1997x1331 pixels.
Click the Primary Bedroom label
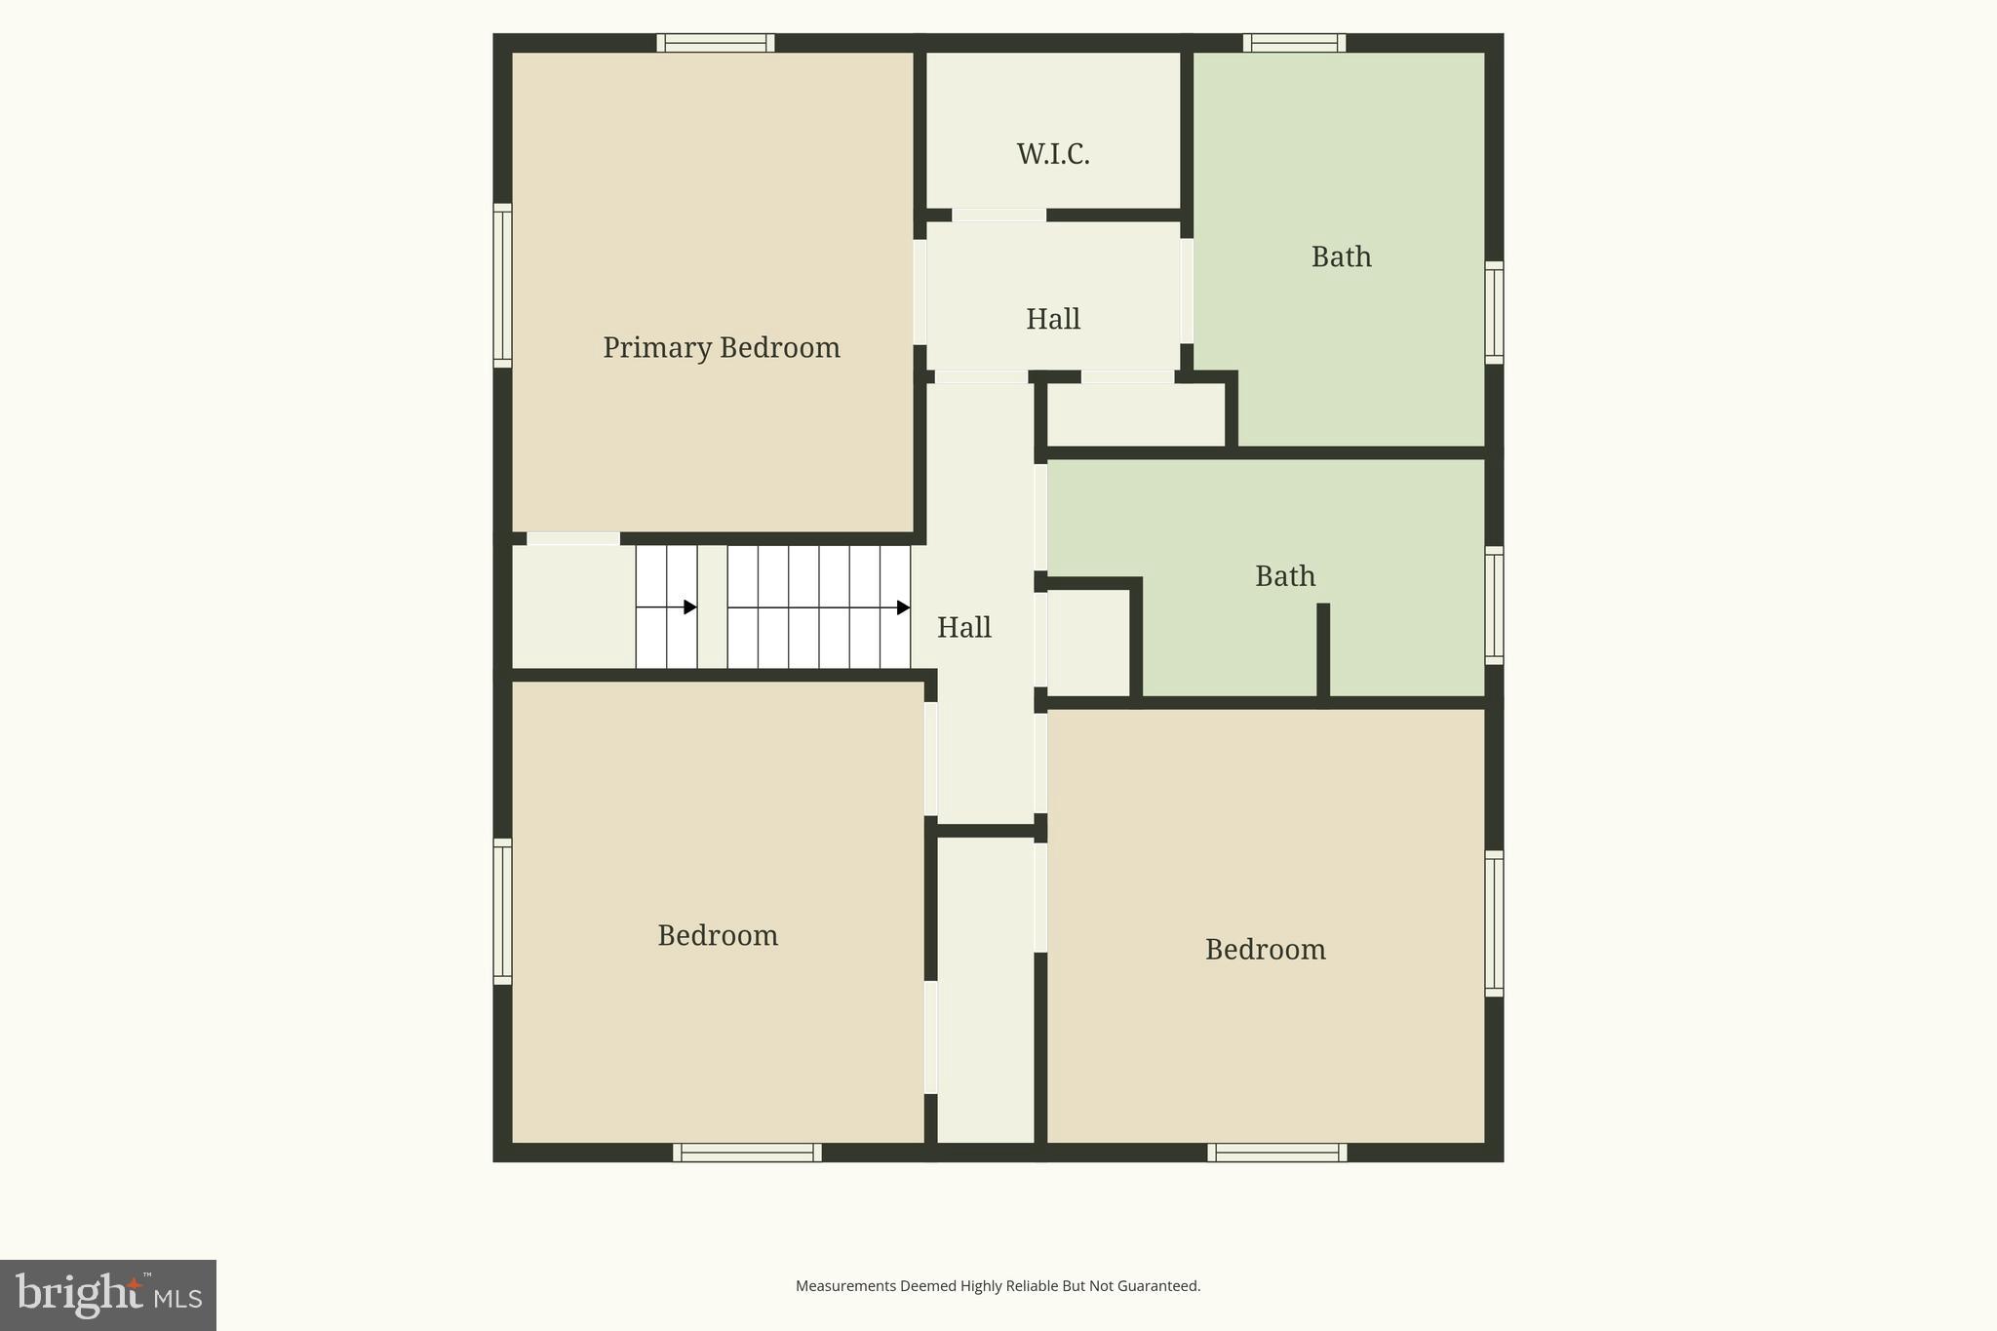tap(721, 348)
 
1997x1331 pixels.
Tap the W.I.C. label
tap(1053, 154)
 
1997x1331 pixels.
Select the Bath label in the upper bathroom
tap(1341, 257)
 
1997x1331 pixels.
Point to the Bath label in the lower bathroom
tap(1284, 576)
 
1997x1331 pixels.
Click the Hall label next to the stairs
tap(963, 628)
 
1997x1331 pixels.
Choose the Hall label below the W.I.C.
tap(1052, 320)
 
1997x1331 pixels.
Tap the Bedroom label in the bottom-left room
tap(717, 936)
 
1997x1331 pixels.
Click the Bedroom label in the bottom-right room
tap(1265, 950)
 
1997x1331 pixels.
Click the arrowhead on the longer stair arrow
tap(903, 607)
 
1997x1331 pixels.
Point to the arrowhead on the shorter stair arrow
tap(690, 607)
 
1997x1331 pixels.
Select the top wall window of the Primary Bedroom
tap(715, 43)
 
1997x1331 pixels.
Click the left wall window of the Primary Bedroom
tap(502, 286)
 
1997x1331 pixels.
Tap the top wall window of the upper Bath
tap(1294, 43)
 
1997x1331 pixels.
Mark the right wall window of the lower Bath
tap(1494, 606)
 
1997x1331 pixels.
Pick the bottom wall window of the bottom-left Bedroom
tap(747, 1153)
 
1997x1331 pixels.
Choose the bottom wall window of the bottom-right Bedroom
tap(1277, 1153)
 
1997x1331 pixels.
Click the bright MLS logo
tap(108, 1295)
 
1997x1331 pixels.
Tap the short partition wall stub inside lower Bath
tap(1323, 649)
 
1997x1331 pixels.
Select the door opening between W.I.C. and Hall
tap(998, 215)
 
